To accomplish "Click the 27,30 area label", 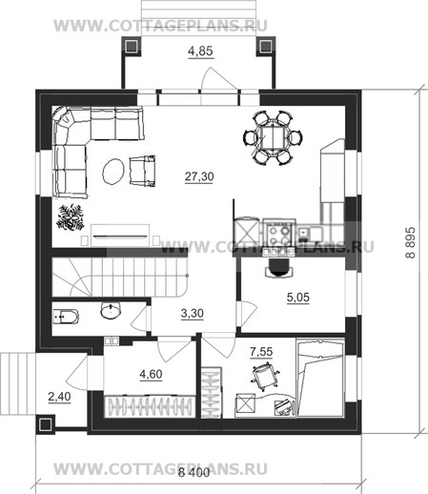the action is [x=199, y=176].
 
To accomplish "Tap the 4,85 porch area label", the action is [x=200, y=51].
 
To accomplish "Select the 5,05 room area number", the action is [x=298, y=298].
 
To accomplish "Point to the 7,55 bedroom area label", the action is [x=261, y=352].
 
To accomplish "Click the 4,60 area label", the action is [x=151, y=374].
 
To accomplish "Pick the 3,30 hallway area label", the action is [x=192, y=314].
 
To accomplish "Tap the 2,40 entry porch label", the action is [x=59, y=397].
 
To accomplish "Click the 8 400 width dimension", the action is [x=194, y=472].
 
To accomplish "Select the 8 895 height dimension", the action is [x=410, y=242].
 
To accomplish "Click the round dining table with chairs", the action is [x=273, y=137].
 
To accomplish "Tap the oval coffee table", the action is [x=112, y=172].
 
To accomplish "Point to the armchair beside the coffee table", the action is [x=142, y=171].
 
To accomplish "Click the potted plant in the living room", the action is [x=71, y=217].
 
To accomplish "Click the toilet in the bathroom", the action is [x=65, y=317].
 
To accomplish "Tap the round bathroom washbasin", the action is [x=111, y=310].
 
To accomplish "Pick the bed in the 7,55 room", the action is [x=320, y=378].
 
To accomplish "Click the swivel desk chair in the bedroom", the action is [x=265, y=374].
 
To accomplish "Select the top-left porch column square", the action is [x=132, y=47].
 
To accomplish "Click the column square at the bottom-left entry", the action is [x=46, y=424].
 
